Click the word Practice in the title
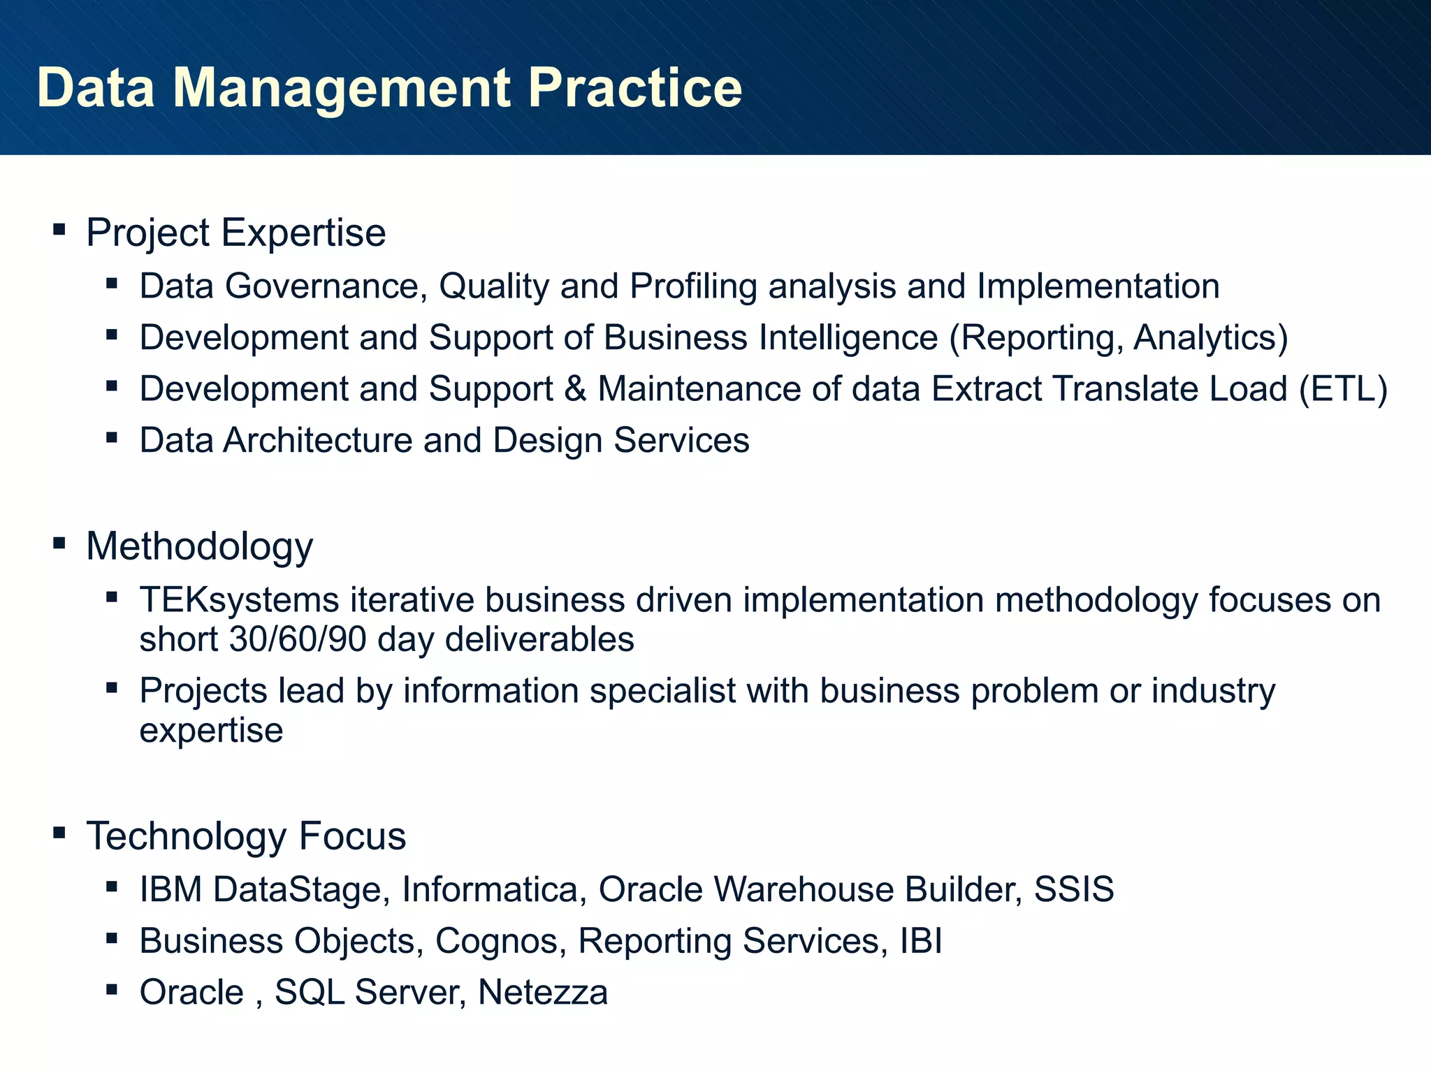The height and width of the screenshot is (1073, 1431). click(x=634, y=88)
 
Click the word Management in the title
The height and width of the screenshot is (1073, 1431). click(x=341, y=88)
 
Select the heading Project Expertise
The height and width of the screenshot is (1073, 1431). click(x=235, y=233)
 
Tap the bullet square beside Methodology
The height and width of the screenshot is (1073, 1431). click(x=59, y=543)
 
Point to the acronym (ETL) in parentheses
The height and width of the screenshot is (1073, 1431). click(x=1343, y=389)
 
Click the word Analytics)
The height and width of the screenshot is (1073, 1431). click(x=1210, y=338)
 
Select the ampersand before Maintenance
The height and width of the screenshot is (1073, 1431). click(x=575, y=389)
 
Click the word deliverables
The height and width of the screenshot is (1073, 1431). click(x=539, y=640)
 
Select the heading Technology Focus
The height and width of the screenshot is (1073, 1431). click(x=245, y=836)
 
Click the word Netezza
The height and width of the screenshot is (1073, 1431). click(x=543, y=993)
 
